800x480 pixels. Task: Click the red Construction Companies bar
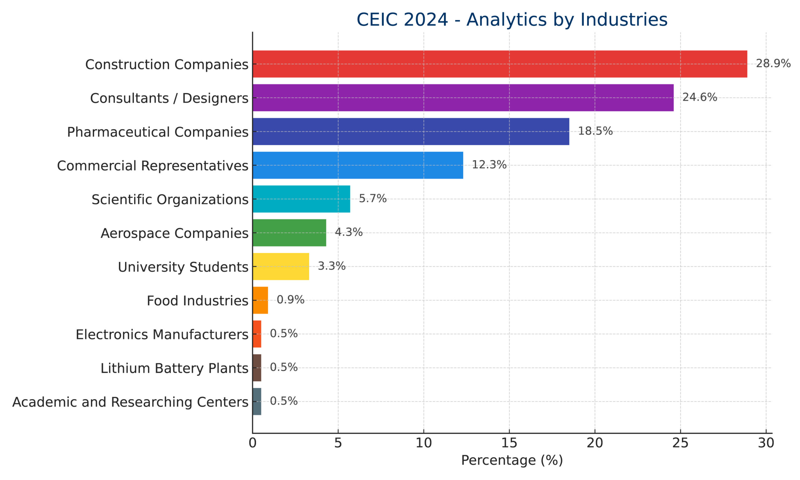(x=500, y=64)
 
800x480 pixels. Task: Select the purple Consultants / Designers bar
(x=463, y=98)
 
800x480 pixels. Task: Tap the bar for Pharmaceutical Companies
(x=411, y=131)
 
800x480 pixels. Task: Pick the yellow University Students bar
(x=281, y=267)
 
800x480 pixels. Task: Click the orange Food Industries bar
(x=260, y=300)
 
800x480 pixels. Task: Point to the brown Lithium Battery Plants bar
(x=257, y=368)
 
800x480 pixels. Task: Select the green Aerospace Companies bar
(x=289, y=232)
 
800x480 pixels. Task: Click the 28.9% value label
(x=773, y=64)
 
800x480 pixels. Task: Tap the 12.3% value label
(x=489, y=165)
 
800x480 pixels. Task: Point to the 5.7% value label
(x=372, y=199)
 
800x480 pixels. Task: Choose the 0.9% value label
(x=290, y=300)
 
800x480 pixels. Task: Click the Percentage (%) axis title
(x=512, y=460)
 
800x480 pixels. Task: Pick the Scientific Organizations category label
(x=170, y=200)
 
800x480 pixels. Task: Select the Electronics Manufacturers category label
(x=162, y=334)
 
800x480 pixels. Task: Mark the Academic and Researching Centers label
(x=130, y=402)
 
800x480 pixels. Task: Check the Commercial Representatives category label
(x=152, y=166)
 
